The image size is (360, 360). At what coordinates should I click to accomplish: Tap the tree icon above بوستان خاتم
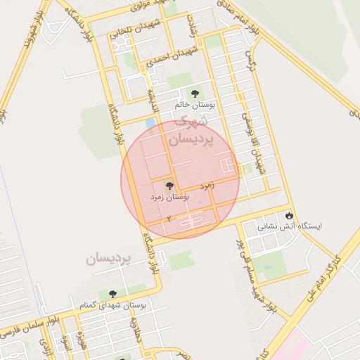click(195, 94)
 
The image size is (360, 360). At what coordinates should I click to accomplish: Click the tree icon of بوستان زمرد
click(169, 186)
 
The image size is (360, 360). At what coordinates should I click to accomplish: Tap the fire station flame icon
click(289, 214)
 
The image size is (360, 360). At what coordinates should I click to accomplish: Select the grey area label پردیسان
click(109, 259)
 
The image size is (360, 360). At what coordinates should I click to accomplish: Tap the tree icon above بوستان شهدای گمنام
click(112, 294)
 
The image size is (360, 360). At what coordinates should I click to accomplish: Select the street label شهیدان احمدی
click(173, 58)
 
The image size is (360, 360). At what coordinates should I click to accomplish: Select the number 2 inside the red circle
click(169, 219)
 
